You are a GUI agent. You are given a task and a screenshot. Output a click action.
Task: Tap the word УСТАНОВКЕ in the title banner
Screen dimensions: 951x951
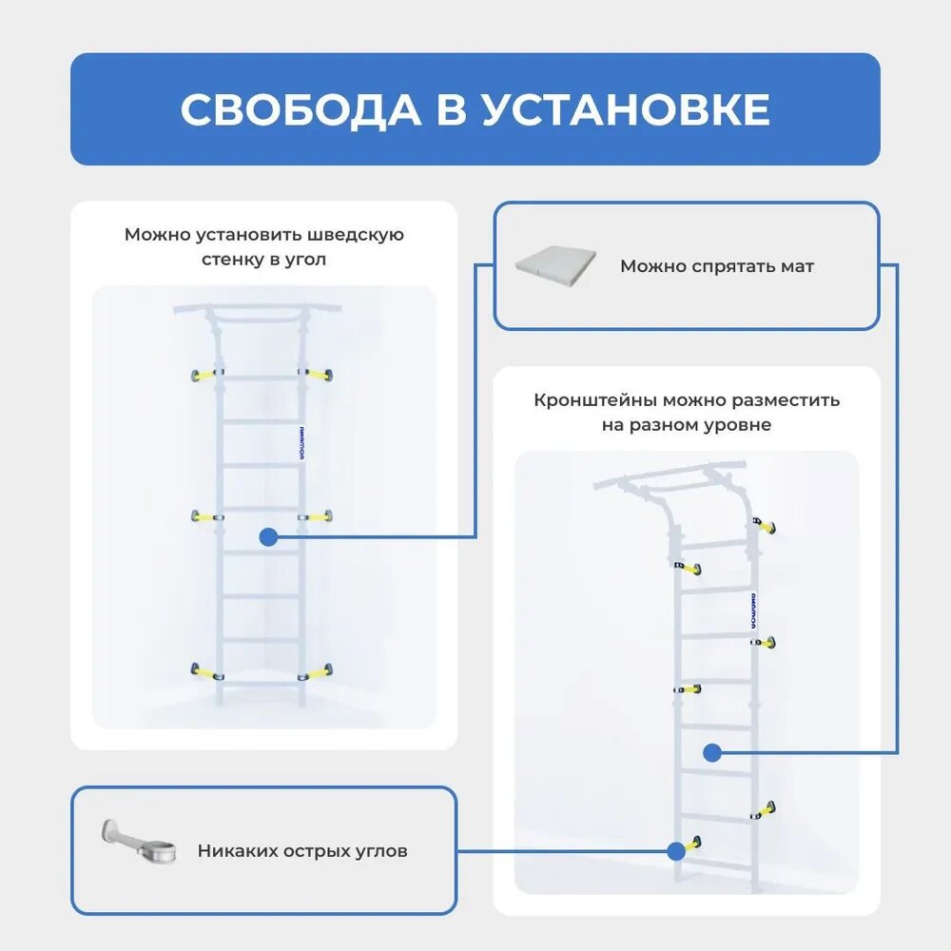tap(624, 110)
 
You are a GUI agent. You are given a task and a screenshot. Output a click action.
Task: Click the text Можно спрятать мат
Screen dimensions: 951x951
tap(717, 266)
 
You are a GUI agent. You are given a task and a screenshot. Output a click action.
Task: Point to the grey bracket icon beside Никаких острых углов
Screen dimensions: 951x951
tap(141, 842)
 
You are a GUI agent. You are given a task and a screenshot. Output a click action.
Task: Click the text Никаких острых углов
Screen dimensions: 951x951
tap(302, 851)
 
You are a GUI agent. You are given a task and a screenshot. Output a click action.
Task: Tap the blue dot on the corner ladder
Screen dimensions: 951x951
tap(268, 537)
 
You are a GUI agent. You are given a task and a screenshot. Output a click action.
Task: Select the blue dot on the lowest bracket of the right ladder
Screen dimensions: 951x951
tap(677, 850)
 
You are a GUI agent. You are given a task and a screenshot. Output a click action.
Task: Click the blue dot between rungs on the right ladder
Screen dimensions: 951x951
tap(711, 753)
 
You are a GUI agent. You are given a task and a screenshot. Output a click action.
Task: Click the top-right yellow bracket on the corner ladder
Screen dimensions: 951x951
tap(318, 374)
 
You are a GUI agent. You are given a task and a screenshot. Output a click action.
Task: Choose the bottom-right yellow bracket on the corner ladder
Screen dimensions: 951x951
tap(318, 671)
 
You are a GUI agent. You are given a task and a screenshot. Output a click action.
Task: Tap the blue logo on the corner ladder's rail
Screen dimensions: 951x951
tap(299, 442)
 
